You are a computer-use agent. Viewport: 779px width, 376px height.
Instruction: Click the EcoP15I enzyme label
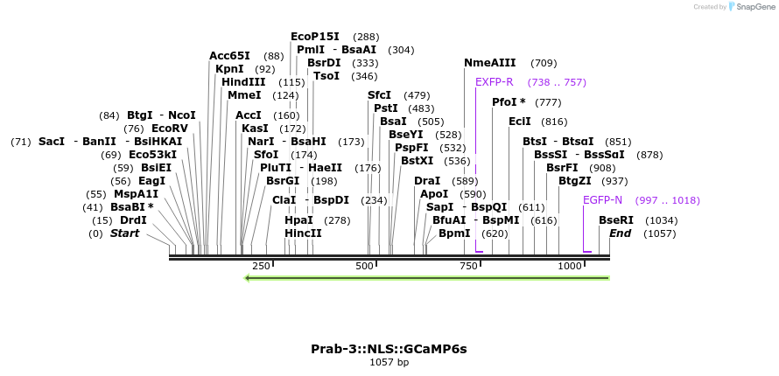tap(316, 37)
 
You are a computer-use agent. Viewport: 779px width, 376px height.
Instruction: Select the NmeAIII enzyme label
tap(489, 63)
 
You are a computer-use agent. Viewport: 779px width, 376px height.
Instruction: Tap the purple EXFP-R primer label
tap(494, 82)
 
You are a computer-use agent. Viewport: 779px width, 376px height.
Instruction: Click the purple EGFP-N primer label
tap(602, 200)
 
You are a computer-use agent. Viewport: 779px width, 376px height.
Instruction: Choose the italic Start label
tap(124, 233)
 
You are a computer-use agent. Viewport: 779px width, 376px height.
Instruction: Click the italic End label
tap(620, 233)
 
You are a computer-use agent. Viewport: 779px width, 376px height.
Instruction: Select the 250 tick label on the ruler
tap(261, 266)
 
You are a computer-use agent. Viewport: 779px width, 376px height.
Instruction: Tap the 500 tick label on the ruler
tap(365, 266)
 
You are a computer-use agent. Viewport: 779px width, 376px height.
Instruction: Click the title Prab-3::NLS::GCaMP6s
tap(389, 349)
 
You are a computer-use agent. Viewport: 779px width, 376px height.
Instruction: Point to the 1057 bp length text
tap(389, 362)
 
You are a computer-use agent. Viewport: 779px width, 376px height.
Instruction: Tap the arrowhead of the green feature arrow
tap(249, 278)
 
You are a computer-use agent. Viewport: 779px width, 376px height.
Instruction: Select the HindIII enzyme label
tap(243, 82)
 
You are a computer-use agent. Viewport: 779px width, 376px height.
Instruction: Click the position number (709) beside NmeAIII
tap(544, 63)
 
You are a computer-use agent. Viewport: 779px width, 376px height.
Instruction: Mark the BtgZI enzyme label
tap(575, 181)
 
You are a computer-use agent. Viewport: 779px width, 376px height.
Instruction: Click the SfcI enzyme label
tap(379, 95)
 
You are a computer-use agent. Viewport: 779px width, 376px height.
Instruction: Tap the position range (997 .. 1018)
tap(667, 200)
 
